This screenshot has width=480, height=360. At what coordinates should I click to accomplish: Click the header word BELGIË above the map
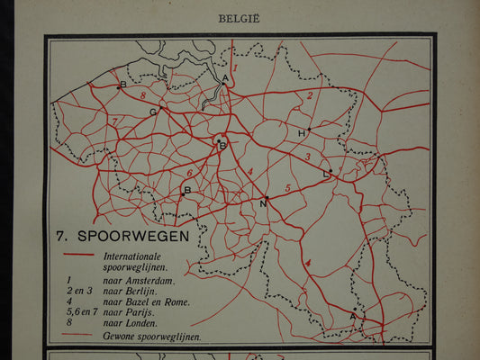tap(240, 15)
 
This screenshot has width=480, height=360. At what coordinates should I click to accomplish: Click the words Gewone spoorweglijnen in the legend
tap(152, 336)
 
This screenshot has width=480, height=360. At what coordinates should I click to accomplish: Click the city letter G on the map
tap(154, 112)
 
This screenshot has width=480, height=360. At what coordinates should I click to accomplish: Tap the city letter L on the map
tap(325, 173)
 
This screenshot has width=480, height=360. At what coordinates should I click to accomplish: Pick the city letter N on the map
tap(263, 203)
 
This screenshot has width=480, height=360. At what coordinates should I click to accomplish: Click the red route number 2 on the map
tap(310, 94)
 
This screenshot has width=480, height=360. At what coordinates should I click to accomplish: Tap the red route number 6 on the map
tap(189, 173)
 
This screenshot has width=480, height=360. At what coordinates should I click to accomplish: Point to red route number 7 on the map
tap(114, 121)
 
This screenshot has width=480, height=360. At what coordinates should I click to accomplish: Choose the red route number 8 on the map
tap(142, 94)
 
